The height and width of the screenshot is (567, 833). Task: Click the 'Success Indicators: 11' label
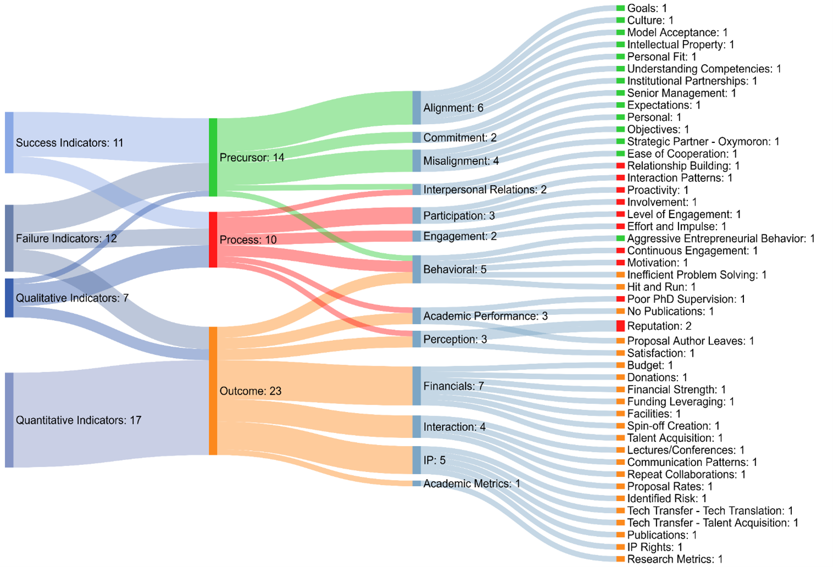69,143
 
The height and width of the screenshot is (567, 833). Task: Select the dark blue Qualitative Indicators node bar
9,298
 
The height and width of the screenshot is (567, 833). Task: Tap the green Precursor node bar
213,157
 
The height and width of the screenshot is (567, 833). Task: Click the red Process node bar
213,240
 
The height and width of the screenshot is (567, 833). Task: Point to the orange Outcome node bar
213,391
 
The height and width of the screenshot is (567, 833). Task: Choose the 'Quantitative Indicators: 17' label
79,420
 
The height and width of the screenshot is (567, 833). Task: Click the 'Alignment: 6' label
453,108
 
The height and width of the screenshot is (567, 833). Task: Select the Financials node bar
416,386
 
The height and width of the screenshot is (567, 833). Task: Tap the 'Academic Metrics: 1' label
471,483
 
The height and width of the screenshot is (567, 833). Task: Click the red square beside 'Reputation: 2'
620,326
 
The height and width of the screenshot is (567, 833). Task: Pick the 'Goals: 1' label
647,8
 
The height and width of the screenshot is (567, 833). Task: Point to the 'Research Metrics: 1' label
675,559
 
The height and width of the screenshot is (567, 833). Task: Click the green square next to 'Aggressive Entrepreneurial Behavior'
620,238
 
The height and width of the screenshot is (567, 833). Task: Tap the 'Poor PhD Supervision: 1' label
686,299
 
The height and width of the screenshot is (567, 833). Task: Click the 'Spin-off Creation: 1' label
673,426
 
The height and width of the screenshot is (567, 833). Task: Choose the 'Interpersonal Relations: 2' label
485,190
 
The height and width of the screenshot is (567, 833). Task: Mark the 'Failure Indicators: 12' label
66,238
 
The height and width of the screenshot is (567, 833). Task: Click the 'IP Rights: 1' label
654,547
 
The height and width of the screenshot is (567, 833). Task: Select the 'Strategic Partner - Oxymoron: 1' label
703,141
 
